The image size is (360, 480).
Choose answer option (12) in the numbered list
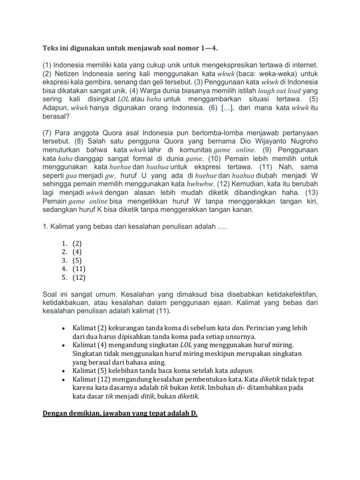[79, 277]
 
